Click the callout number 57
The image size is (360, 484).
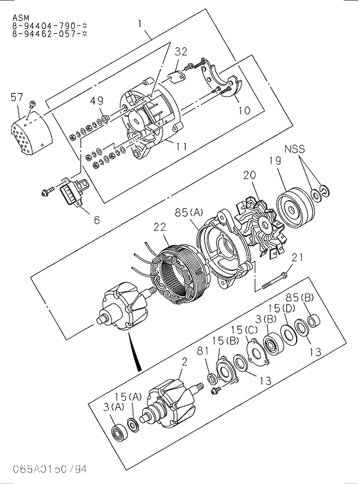pyautogui.click(x=17, y=97)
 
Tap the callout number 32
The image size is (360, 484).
pyautogui.click(x=181, y=51)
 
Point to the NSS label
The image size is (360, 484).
pyautogui.click(x=294, y=149)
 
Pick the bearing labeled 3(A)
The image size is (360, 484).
pyautogui.click(x=120, y=433)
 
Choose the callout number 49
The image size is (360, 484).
pyautogui.click(x=96, y=102)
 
